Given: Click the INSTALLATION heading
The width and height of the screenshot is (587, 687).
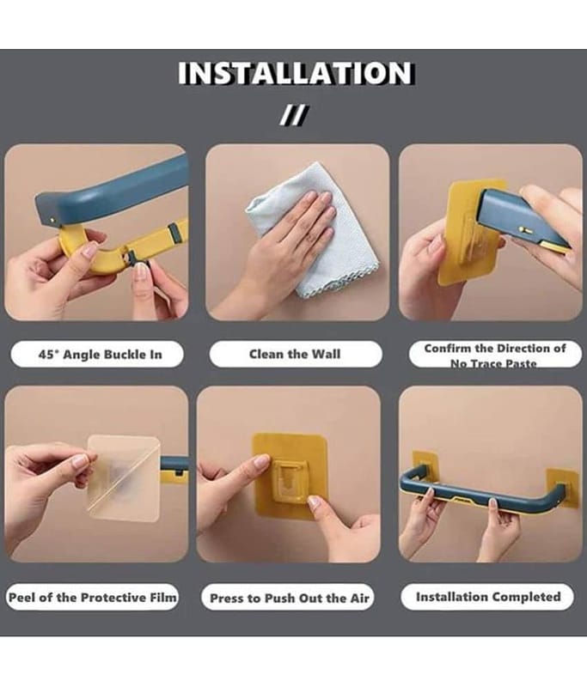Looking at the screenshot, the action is pos(296,73).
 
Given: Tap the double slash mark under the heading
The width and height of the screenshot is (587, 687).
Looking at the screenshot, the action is pos(295,115).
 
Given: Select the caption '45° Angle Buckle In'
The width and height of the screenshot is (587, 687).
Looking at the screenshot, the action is pos(100,354).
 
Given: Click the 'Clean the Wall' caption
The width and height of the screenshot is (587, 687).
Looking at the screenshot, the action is pos(295,354).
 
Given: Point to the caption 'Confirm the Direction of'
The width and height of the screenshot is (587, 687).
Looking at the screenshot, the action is pos(494,349).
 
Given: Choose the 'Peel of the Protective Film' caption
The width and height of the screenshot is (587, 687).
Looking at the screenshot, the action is pos(93,597).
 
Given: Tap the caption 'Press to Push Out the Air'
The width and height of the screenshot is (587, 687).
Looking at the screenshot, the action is pos(290,598).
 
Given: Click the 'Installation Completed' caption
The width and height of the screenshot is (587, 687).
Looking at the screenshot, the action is pos(488,597).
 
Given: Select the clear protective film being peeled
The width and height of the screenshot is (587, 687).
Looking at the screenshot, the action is pos(124,477).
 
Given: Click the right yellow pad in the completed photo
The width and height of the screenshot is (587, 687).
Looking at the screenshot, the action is pos(563,486).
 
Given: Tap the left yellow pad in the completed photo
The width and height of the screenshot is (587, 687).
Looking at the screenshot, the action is pos(425,466).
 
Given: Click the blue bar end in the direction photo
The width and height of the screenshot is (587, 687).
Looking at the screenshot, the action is pos(522,219).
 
